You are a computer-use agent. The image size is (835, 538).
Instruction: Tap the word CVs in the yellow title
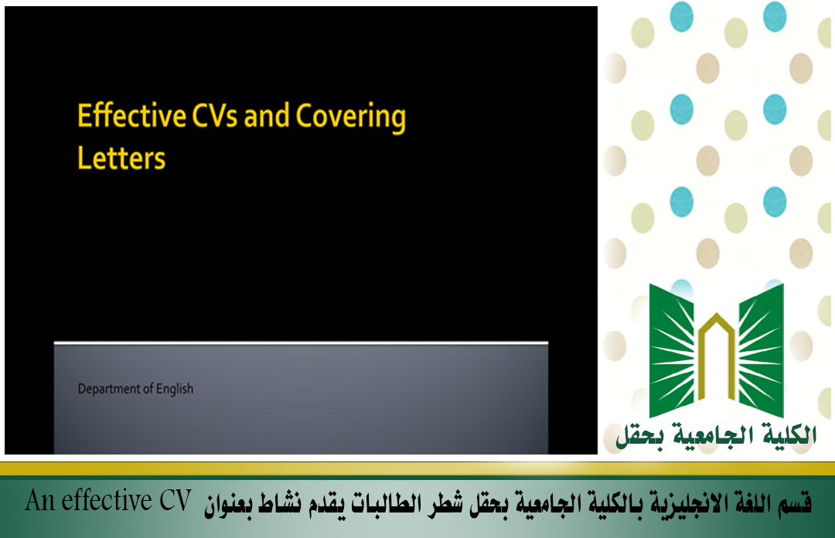[x=215, y=116]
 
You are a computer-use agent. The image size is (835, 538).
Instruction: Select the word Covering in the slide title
[x=351, y=117]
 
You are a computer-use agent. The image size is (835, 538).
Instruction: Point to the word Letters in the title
[x=121, y=158]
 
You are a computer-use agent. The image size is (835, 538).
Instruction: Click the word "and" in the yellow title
[x=266, y=116]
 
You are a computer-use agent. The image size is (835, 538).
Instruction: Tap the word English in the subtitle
[x=175, y=390]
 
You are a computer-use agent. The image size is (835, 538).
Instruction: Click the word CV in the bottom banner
[x=175, y=501]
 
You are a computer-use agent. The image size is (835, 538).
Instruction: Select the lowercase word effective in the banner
[x=107, y=501]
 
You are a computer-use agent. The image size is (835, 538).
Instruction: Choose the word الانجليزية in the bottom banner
[x=680, y=503]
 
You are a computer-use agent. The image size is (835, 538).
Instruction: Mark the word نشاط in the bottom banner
[x=280, y=503]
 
